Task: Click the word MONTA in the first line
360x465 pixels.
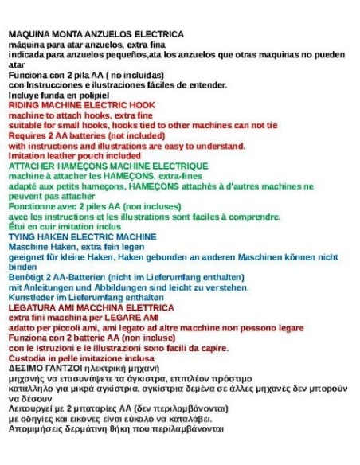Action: (x=68, y=34)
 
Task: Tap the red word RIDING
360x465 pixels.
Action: (x=23, y=105)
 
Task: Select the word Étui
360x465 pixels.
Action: (x=17, y=227)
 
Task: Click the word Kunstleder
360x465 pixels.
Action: (x=31, y=297)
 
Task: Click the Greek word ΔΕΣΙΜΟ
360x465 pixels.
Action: (x=25, y=368)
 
